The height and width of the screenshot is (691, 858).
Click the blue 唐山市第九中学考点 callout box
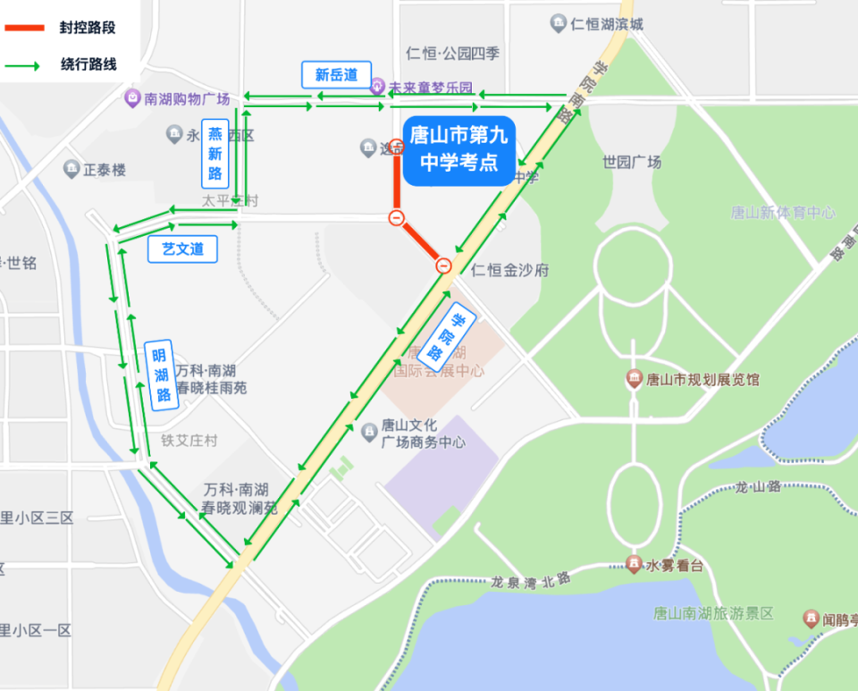click(x=459, y=150)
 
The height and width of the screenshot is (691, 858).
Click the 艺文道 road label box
click(x=182, y=249)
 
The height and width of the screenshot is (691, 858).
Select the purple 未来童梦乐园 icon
click(x=377, y=87)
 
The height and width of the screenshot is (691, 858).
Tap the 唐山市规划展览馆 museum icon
click(x=635, y=379)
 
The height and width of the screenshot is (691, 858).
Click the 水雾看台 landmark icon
click(x=634, y=564)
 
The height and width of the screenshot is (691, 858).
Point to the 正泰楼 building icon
click(x=71, y=168)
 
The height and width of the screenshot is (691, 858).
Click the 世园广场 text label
click(x=632, y=163)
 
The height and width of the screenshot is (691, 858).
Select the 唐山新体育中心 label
click(x=783, y=213)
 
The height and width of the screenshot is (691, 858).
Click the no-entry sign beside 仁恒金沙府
click(x=444, y=265)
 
